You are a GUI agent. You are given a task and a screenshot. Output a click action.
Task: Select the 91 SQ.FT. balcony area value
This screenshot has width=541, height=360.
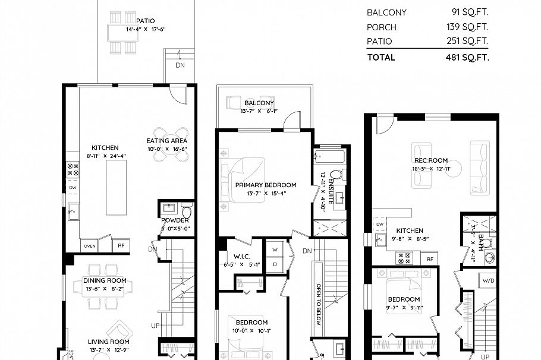pyautogui.click(x=470, y=12)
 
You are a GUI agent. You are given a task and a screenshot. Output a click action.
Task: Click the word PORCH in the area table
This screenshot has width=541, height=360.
pyautogui.click(x=382, y=27)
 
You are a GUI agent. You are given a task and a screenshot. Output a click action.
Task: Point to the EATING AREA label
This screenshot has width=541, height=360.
pyautogui.click(x=167, y=141)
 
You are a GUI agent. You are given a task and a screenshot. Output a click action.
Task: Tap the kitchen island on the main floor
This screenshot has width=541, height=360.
pyautogui.click(x=117, y=187)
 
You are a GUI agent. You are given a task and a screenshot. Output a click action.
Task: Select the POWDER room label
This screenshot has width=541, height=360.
pyautogui.click(x=175, y=220)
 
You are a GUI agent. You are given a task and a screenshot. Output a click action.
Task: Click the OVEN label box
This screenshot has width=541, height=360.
pyautogui.click(x=89, y=245)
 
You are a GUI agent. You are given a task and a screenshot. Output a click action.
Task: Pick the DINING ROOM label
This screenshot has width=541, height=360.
pyautogui.click(x=105, y=280)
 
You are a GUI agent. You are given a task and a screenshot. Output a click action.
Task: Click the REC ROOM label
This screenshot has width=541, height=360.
pyautogui.click(x=431, y=160)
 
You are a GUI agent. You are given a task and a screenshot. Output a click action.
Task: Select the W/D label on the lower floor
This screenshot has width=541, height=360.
pyautogui.click(x=489, y=280)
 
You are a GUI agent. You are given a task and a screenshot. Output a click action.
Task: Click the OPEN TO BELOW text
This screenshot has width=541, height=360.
pyautogui.click(x=319, y=301)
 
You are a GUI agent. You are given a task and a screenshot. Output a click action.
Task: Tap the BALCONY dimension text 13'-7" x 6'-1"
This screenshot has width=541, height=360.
pyautogui.click(x=259, y=111)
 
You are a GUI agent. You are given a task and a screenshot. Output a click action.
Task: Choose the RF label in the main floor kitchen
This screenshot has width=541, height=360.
pyautogui.click(x=121, y=245)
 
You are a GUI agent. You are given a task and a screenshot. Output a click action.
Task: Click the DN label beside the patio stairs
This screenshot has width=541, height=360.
pyautogui.click(x=180, y=65)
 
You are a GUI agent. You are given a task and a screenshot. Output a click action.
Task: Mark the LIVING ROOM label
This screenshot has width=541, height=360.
pyautogui.click(x=109, y=342)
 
